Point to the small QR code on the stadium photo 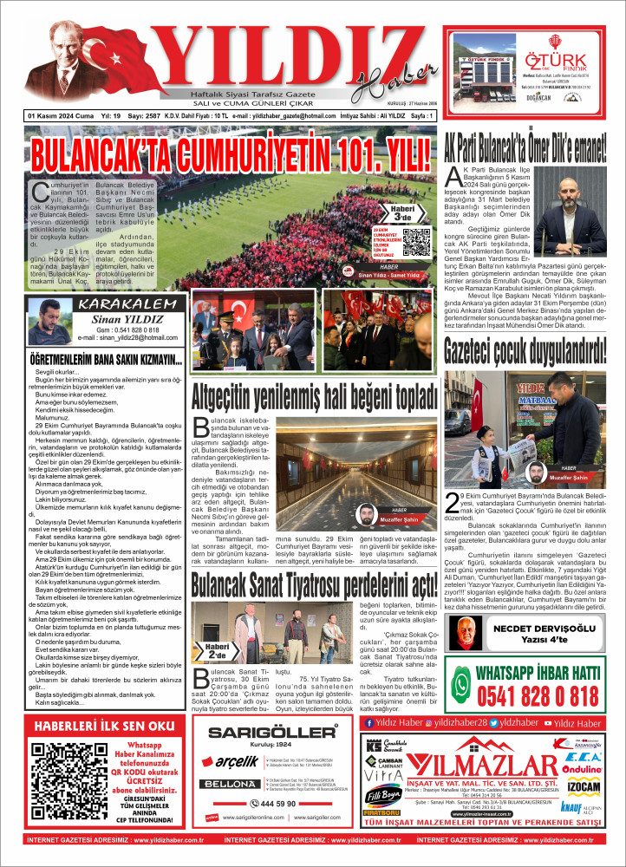tap(417, 240)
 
